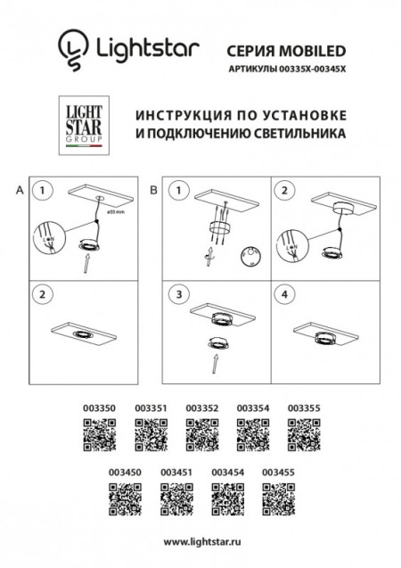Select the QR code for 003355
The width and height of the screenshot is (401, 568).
(302, 437)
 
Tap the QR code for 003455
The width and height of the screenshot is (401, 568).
(277, 494)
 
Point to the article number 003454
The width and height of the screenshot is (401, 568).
(226, 466)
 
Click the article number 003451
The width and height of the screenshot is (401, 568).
(176, 466)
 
